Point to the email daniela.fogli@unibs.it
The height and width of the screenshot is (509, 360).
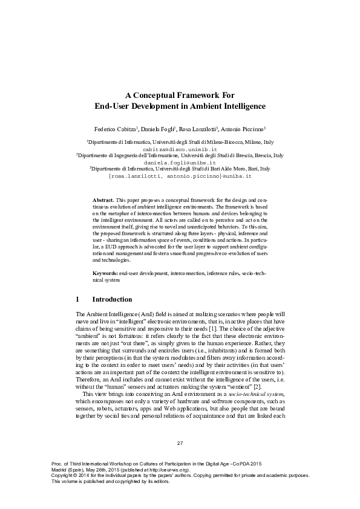point(180,163)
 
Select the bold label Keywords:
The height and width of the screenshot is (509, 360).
point(105,274)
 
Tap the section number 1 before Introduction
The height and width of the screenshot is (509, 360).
point(77,299)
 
